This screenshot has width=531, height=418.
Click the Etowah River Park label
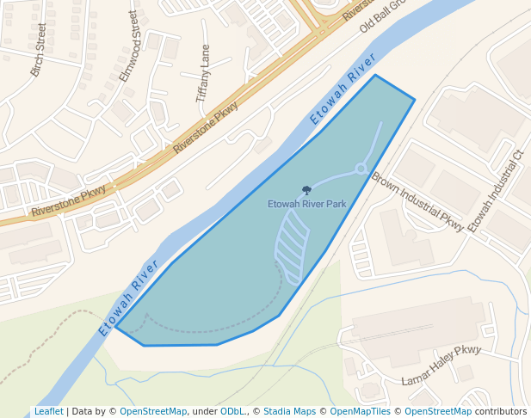pyautogui.click(x=306, y=205)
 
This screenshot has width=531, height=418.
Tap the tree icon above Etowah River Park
pyautogui.click(x=306, y=190)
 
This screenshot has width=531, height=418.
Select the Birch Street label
pyautogui.click(x=38, y=50)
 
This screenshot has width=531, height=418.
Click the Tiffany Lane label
pyautogui.click(x=203, y=74)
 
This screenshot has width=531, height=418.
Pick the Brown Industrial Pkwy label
pyautogui.click(x=417, y=202)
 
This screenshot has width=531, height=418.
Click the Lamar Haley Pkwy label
pyautogui.click(x=441, y=365)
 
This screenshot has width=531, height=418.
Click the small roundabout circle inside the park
pyautogui.click(x=361, y=169)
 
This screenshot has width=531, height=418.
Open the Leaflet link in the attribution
pyautogui.click(x=48, y=411)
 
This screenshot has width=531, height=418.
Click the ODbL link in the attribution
pyautogui.click(x=232, y=411)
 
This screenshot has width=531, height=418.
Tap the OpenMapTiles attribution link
pyautogui.click(x=361, y=411)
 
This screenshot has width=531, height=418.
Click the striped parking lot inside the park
pyautogui.click(x=291, y=246)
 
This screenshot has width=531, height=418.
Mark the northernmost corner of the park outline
pyautogui.click(x=375, y=76)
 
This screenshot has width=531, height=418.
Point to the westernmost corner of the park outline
pyautogui.click(x=117, y=328)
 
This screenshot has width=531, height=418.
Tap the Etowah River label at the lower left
pyautogui.click(x=129, y=296)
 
